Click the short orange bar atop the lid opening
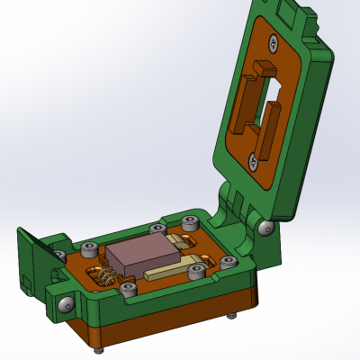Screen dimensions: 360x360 click(266, 69)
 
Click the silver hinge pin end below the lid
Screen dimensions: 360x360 click(265, 229)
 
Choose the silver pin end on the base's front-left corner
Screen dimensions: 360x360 click(66, 305)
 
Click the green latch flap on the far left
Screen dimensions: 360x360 click(30, 261)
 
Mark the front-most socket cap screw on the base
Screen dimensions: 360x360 click(129, 290)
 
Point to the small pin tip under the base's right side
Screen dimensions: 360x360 click(234, 315)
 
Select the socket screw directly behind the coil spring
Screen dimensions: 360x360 click(88, 249)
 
